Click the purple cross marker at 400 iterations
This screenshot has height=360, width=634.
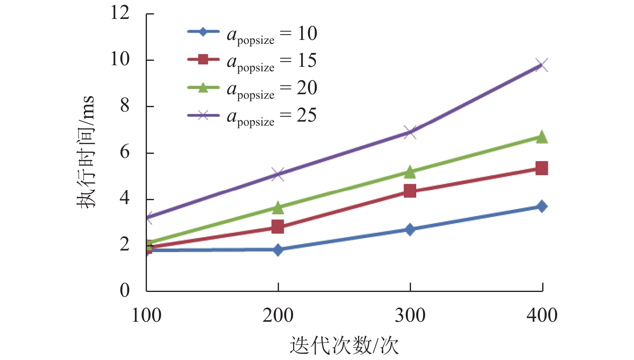542,65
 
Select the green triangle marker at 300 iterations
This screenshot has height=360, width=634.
410,172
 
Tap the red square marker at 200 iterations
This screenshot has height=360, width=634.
278,227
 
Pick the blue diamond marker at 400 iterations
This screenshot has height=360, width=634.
542,206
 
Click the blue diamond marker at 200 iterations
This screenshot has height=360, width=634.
278,250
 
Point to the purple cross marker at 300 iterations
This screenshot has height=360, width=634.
410,132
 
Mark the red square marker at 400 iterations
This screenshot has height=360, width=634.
542,168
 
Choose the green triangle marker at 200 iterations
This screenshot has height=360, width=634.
278,208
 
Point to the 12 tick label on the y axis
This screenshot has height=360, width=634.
120,13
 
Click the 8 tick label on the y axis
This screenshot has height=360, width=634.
125,106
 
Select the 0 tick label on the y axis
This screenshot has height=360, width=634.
125,290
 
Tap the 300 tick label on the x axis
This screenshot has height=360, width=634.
410,315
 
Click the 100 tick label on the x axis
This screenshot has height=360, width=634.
147,315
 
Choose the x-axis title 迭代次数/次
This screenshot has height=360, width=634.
344,346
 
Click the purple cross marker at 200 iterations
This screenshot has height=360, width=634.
278,174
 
